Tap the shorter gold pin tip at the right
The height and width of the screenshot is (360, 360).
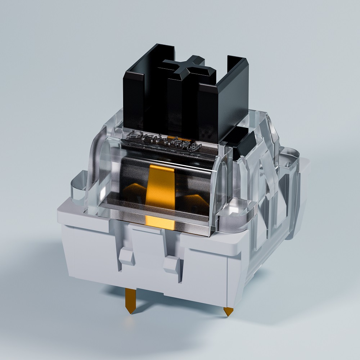coord(227,311)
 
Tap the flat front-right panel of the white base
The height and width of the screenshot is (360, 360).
coord(211,272)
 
